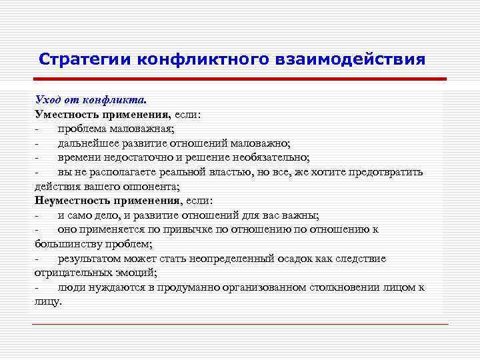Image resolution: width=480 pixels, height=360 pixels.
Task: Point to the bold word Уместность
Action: pos(65,114)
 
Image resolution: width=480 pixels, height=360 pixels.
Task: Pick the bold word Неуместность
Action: pos(73,200)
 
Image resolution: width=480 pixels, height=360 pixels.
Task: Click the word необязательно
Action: pos(269,157)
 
